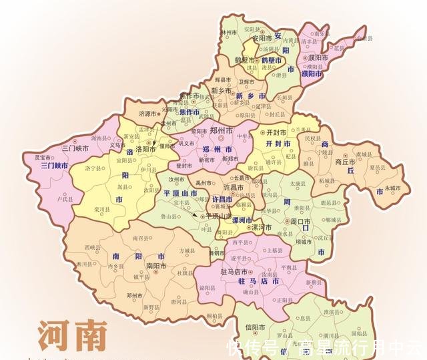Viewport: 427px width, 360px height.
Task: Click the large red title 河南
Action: (72, 337)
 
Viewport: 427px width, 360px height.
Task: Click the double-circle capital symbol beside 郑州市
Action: (224, 138)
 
